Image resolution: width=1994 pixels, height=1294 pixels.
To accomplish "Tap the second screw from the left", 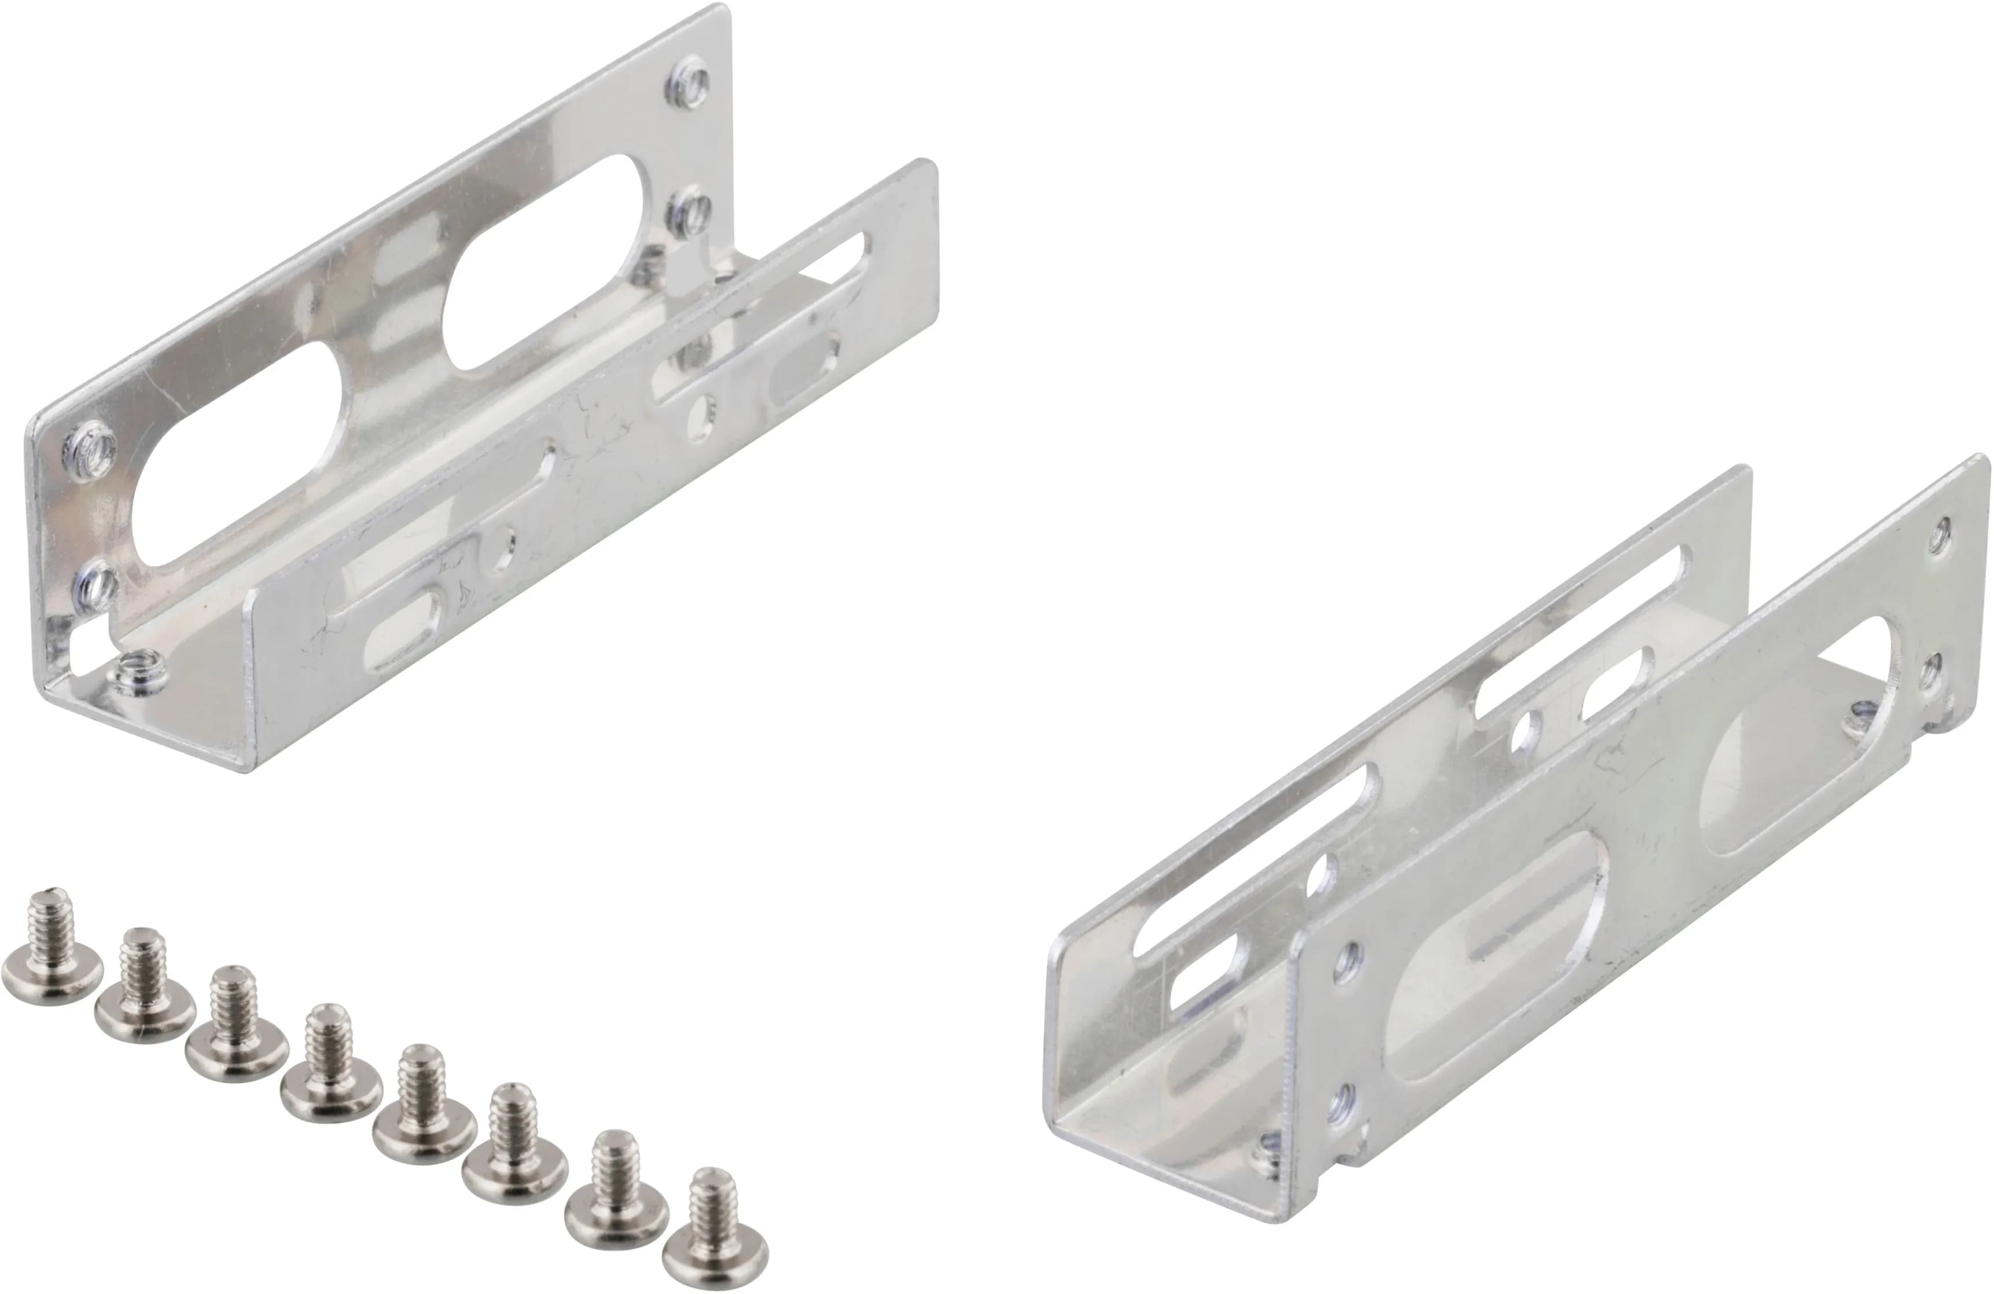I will coord(145,989).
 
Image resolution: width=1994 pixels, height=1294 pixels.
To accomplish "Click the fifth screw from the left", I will coord(423,1106).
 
